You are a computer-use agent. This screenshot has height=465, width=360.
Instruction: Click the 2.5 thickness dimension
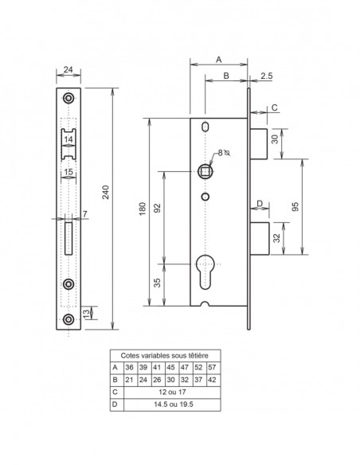point(266,76)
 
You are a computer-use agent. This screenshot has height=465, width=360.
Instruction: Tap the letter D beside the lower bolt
point(259,204)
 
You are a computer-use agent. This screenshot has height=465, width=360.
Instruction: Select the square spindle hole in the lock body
point(206,170)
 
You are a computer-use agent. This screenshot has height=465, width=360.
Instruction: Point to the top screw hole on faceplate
point(68,98)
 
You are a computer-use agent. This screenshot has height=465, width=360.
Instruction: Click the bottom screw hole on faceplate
point(68,319)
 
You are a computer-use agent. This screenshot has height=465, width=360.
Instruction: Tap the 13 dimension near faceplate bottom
point(87,314)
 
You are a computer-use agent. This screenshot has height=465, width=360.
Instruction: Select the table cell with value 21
point(130,380)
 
